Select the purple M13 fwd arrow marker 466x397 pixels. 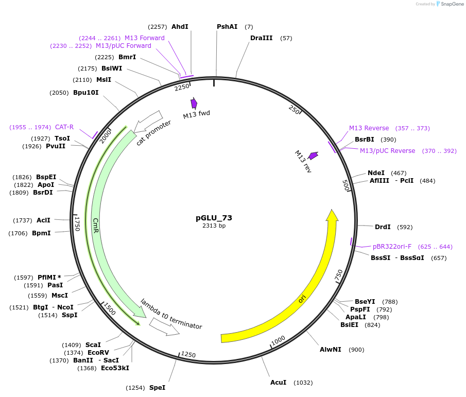pos(194,103)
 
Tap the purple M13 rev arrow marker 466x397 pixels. pos(313,155)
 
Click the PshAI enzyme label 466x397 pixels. pos(227,26)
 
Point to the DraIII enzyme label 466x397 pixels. pos(261,38)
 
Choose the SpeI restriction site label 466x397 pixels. pos(157,387)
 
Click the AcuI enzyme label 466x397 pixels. pos(278,383)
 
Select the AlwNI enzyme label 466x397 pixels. pos(330,350)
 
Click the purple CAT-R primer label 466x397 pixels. pos(64,127)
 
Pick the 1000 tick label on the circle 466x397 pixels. pos(278,340)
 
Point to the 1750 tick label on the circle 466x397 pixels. pos(78,223)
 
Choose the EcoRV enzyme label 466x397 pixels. pos(98,352)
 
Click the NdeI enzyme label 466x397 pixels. pos(376,172)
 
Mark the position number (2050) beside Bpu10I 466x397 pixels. pos(59,93)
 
